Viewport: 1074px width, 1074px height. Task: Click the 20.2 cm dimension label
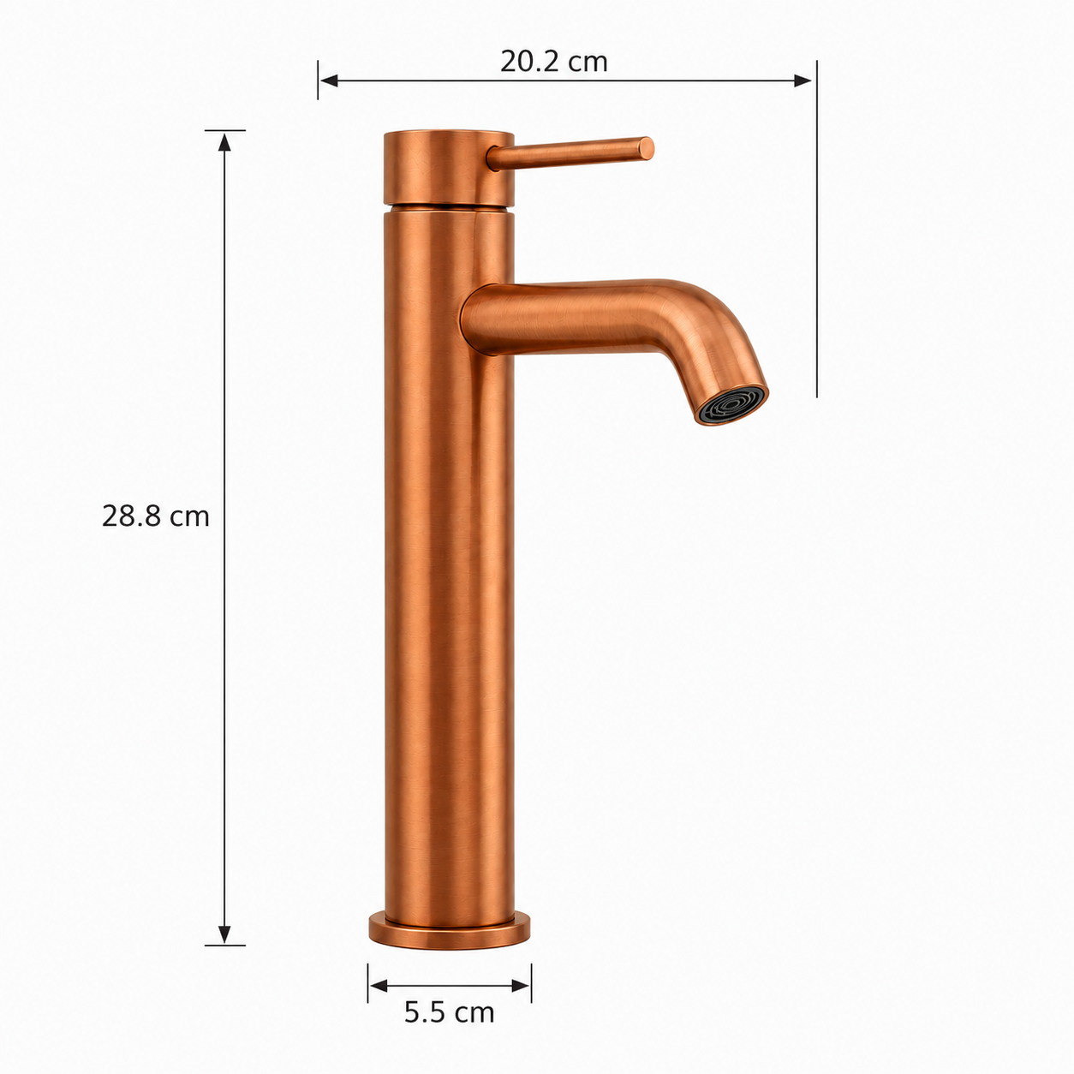pyautogui.click(x=553, y=62)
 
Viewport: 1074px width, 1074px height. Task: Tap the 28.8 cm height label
pyautogui.click(x=156, y=516)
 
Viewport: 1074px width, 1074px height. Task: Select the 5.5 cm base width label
pyautogui.click(x=450, y=1012)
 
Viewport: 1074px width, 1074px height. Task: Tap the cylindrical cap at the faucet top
pyautogui.click(x=450, y=167)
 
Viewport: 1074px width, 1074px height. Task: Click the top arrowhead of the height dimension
pyautogui.click(x=224, y=143)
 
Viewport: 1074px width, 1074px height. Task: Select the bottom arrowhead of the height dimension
pyautogui.click(x=224, y=935)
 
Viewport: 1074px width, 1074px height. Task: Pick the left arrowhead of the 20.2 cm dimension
pyautogui.click(x=329, y=81)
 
